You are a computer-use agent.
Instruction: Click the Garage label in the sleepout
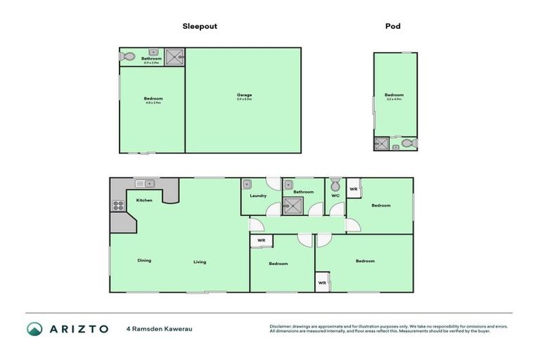click(x=244, y=95)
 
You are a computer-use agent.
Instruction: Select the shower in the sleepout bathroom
click(x=176, y=56)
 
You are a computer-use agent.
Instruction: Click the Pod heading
click(x=393, y=26)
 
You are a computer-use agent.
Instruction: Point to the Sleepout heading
click(x=200, y=26)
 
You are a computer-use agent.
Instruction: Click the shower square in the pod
click(x=382, y=143)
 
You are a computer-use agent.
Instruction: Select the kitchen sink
click(x=144, y=184)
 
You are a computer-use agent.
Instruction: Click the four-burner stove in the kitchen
click(x=117, y=206)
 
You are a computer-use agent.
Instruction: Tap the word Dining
click(x=144, y=261)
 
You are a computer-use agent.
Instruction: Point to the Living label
click(x=200, y=262)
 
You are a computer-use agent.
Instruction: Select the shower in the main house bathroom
click(x=291, y=205)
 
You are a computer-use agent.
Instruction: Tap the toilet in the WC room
click(x=335, y=186)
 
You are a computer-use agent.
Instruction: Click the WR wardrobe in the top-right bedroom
click(x=354, y=189)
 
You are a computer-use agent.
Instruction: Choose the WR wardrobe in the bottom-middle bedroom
click(x=261, y=240)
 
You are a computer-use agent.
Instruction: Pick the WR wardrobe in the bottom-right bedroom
click(x=322, y=283)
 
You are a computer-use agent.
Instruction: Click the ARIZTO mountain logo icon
click(x=34, y=328)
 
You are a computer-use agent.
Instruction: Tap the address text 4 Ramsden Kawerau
click(x=160, y=328)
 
